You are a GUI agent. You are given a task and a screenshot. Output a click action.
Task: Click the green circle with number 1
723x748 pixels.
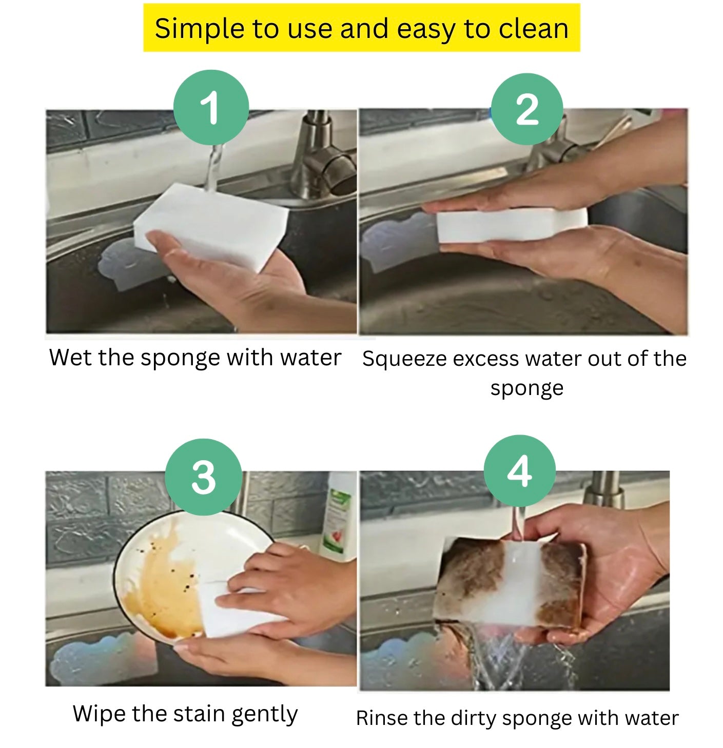point(211,108)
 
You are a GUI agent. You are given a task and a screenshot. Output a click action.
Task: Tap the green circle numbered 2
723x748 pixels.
point(526,109)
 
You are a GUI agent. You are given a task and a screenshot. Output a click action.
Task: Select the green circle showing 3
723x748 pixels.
point(203,477)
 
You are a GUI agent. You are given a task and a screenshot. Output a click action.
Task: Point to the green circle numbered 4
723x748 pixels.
point(519,471)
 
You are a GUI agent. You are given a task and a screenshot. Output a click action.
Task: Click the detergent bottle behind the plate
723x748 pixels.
point(337,518)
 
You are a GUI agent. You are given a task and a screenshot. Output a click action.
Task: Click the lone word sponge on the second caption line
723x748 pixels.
point(526,388)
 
